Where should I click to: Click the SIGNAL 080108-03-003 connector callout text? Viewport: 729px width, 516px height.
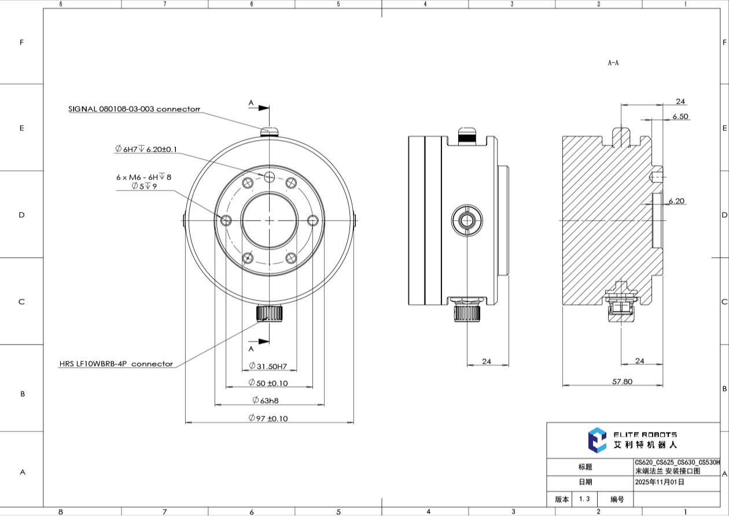click(x=134, y=109)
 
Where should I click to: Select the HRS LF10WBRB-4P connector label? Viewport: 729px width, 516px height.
click(x=116, y=364)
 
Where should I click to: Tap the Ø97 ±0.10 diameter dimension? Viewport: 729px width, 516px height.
click(x=268, y=418)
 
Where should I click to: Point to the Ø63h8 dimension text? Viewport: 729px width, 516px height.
click(x=265, y=400)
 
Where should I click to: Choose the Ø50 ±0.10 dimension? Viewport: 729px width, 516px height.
click(x=268, y=383)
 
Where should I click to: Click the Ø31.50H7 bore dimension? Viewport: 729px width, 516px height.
click(x=268, y=366)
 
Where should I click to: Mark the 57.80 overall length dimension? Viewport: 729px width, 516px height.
click(x=623, y=382)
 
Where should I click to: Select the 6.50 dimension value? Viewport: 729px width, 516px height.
click(x=680, y=116)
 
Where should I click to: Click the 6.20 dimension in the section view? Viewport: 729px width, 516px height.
click(x=676, y=201)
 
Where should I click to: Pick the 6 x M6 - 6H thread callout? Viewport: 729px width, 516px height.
click(x=143, y=177)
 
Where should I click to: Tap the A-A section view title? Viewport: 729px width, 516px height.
click(x=613, y=63)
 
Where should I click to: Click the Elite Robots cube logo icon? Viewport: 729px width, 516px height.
click(x=597, y=440)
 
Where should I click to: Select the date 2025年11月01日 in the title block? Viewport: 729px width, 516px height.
click(x=660, y=482)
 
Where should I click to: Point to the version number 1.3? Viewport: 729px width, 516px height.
click(x=584, y=499)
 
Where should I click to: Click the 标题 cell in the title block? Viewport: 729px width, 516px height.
click(x=585, y=467)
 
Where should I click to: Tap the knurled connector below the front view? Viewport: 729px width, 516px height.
click(x=269, y=313)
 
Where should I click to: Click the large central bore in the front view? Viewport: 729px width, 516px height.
click(x=270, y=220)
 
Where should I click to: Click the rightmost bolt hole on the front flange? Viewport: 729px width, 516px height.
click(x=313, y=220)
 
